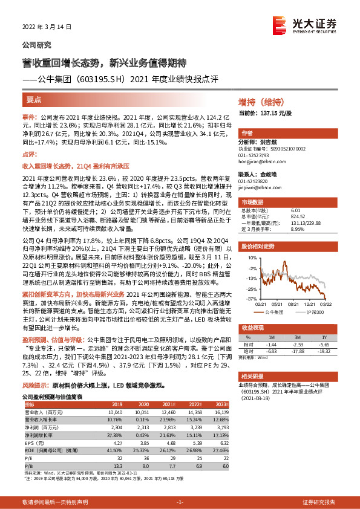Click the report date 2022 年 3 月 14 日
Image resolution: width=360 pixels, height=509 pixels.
click(47, 27)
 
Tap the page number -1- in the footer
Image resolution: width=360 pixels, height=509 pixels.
click(179, 502)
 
